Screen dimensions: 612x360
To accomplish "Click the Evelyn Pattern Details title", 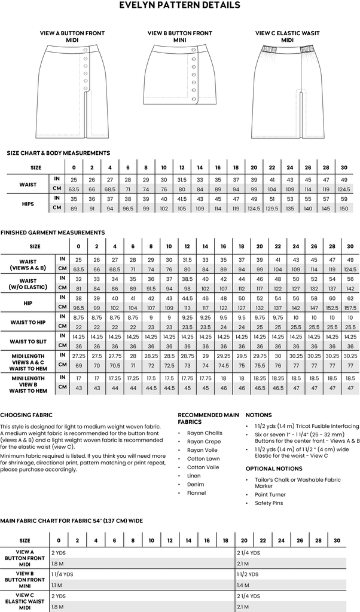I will pos(179,5).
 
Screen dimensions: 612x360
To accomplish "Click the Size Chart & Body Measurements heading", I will pos(58,153).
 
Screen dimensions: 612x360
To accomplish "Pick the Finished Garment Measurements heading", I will pos(53,232).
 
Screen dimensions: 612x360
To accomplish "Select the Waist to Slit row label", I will pos(28,341).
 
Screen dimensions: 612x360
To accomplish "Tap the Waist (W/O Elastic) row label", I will pos(28,283).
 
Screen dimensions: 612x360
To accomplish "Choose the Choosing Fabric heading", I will pos(26,415).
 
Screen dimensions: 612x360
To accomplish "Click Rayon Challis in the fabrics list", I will pos(205,433).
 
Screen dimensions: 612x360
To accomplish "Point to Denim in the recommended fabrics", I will pos(196,485).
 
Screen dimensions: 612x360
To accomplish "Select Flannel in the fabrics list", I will pos(197,493).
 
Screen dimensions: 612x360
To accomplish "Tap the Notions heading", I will pos(258,415).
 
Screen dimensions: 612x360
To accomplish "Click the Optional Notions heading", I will pos(273,469).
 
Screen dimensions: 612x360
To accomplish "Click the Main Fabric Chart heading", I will pos(72,521).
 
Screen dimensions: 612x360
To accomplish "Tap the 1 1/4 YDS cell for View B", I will pos(63,574).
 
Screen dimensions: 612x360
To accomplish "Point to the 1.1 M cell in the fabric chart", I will pos(57,585).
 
